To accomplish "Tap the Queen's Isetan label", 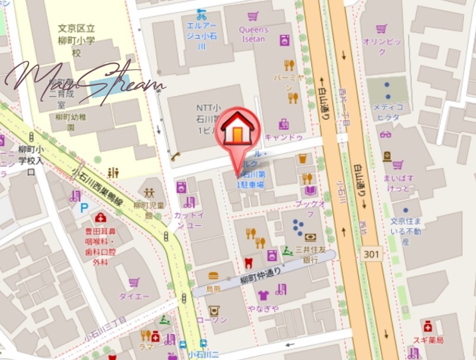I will coord(253,35).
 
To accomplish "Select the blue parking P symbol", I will coord(85,208).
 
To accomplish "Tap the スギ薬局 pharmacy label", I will coord(428,340).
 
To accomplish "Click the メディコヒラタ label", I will coord(388,112).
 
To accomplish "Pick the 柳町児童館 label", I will coord(148,210).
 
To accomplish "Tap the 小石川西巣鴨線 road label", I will coord(97,184).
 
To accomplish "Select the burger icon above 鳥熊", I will coord(213,276).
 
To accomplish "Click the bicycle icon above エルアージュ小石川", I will coord(201,13).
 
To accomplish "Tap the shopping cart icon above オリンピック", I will coord(381,28).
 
